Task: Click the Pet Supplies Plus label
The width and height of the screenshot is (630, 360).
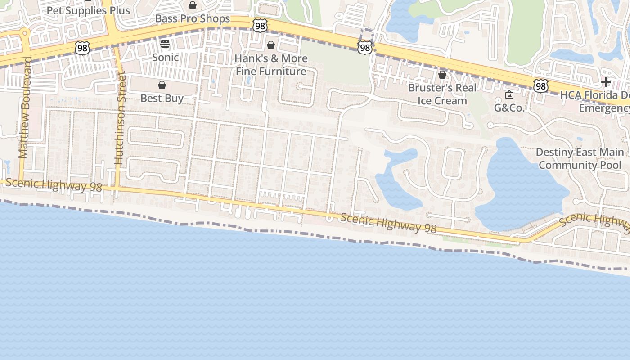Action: click(x=88, y=10)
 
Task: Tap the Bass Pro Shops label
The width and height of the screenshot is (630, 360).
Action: click(x=193, y=18)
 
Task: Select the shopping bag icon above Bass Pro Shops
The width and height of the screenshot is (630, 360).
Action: click(x=193, y=5)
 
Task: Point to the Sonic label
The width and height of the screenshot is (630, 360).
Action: click(x=165, y=58)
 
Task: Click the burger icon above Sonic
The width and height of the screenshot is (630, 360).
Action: click(x=165, y=44)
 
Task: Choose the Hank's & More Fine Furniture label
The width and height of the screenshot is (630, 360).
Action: click(x=271, y=65)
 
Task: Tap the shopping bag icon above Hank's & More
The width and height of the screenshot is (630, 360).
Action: click(x=271, y=45)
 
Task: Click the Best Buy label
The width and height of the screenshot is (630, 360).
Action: click(x=162, y=98)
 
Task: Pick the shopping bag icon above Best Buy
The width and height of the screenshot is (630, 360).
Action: click(x=162, y=85)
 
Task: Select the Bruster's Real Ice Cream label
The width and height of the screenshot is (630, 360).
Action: click(x=442, y=94)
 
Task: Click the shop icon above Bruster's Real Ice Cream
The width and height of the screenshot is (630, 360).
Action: click(x=442, y=75)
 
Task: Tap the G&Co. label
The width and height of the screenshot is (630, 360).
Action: click(x=509, y=108)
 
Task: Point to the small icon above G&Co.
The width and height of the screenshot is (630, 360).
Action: click(x=509, y=94)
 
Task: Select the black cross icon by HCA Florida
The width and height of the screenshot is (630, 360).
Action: click(x=606, y=82)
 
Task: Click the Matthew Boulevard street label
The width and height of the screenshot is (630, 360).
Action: click(x=24, y=108)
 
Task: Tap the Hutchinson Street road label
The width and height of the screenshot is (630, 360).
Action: click(x=120, y=117)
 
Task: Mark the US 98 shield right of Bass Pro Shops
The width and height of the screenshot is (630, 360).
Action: click(x=260, y=26)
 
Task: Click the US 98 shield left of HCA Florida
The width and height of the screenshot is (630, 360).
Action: click(x=540, y=86)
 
